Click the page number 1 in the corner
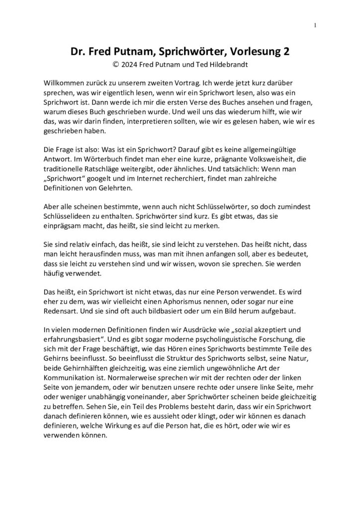point(315,25)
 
